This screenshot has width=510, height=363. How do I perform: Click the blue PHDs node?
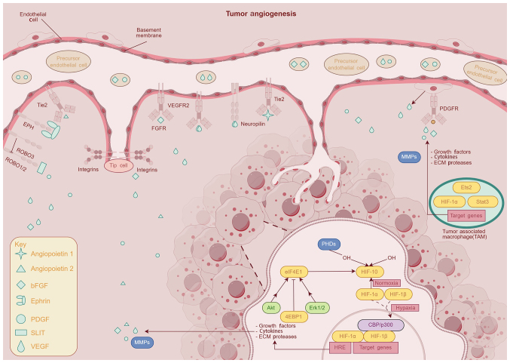coord(326,244)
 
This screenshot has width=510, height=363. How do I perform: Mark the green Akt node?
coord(272,308)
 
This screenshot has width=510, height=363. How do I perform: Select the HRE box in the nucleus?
coord(337,348)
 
